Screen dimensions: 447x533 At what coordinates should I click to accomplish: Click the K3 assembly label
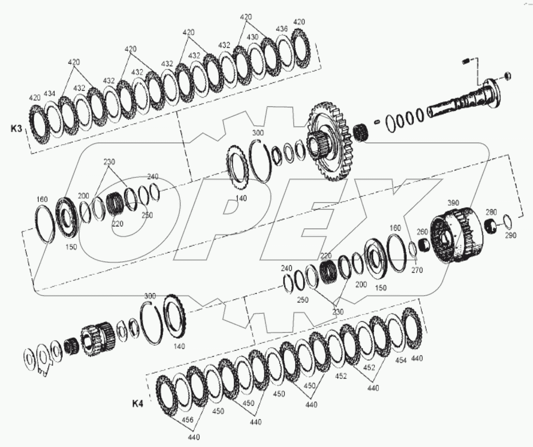tap(16, 129)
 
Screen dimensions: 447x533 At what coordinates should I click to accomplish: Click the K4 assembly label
tap(138, 404)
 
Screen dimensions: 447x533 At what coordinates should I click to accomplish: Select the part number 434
tap(50, 93)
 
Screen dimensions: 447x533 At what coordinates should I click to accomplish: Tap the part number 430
tap(253, 37)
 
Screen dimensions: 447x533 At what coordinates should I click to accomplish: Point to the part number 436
tap(282, 30)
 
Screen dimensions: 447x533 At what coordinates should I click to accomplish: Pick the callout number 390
tap(453, 203)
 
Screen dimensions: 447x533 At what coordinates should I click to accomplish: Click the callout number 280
tap(491, 212)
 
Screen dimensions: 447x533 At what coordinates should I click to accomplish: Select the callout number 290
tap(511, 235)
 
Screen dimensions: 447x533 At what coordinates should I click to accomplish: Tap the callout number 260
tap(422, 232)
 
